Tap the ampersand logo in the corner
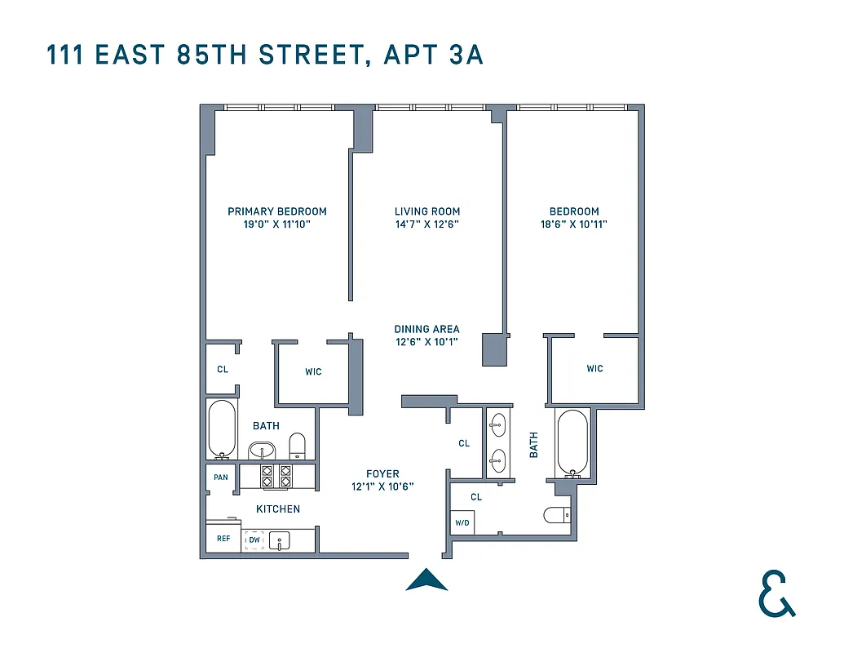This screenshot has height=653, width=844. coord(776,593)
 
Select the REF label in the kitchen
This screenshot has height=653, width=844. coord(223,539)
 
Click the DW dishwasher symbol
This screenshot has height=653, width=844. coord(254,540)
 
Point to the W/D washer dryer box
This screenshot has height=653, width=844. coord(462,522)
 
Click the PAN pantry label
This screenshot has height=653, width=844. coord(220,478)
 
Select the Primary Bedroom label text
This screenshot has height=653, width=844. coord(277,211)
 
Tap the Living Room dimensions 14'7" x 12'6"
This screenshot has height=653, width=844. coord(427,224)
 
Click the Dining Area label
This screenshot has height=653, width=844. coord(426,329)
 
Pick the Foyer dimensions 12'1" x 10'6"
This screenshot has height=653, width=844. coord(382,486)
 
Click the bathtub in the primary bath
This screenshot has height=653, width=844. coord(222,429)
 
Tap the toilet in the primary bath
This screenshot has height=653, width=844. coord(298,445)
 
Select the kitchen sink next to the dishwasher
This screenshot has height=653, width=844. coord(280,540)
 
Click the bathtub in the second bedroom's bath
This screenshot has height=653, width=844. coord(571,442)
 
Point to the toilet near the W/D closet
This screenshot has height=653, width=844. coord(558,515)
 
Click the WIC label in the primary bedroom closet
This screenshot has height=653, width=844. coord(313,372)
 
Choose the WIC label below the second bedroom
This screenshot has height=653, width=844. coord(594,369)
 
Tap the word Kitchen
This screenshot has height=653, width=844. coord(278,509)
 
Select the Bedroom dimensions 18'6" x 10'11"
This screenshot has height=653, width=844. coord(573,224)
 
